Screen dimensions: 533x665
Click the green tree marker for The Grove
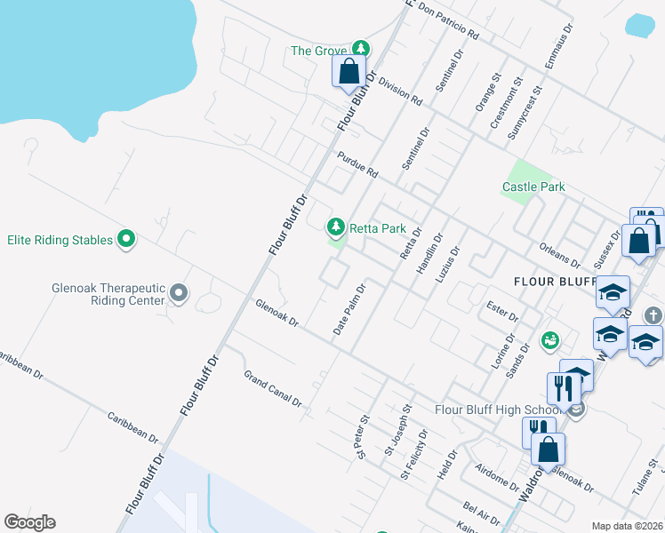coord(360,50)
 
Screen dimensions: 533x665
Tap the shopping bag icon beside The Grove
coord(349,72)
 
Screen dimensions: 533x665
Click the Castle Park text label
coord(533,187)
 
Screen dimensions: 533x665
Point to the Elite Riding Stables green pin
coord(126,239)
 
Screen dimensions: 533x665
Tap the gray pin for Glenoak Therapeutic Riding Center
coord(179,292)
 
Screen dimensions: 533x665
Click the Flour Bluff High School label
coord(498,410)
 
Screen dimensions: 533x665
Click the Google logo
coord(29,522)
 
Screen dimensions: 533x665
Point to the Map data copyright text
coord(626,526)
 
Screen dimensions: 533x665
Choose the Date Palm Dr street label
coord(349,309)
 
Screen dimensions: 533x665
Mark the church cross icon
coord(653,315)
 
